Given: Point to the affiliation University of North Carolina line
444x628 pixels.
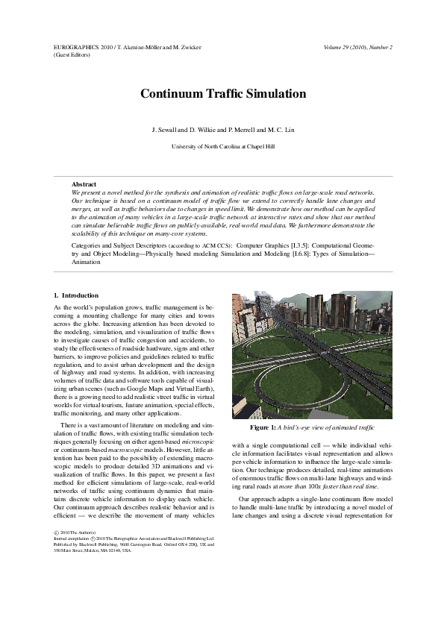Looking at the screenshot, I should (x=222, y=147).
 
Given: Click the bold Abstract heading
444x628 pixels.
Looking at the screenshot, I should (x=84, y=183).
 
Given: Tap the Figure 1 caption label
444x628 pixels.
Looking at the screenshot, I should (x=264, y=427).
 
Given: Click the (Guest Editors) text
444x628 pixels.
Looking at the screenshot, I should (x=71, y=54).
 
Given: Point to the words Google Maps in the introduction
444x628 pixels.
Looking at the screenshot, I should (x=151, y=389).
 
